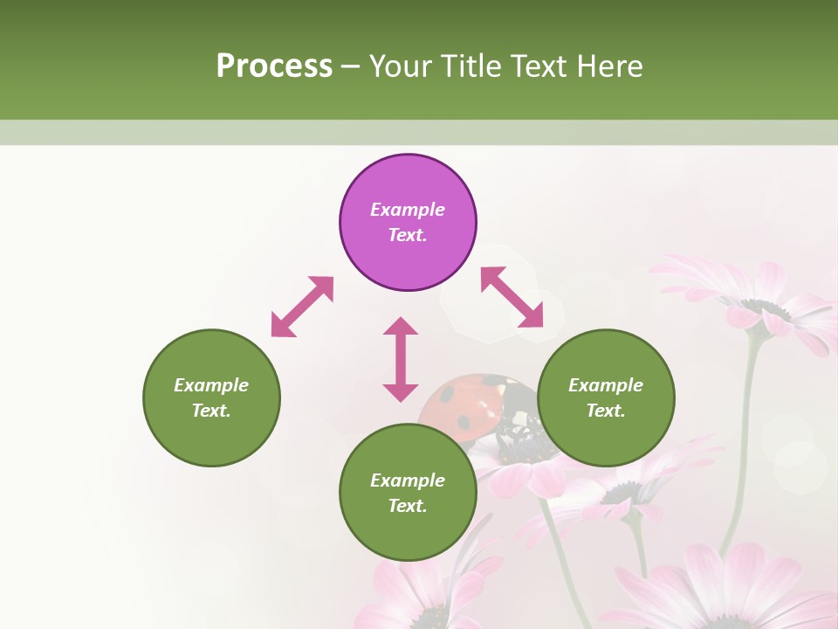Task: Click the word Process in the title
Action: [x=274, y=66]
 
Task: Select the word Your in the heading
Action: [x=399, y=66]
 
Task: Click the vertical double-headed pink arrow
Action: [x=401, y=359]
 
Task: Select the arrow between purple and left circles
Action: [x=302, y=307]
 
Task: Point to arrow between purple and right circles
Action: [x=512, y=297]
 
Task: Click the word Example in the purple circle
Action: [x=408, y=210]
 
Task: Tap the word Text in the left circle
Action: [x=211, y=411]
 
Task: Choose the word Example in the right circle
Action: [x=606, y=385]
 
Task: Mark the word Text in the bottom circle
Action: [x=408, y=506]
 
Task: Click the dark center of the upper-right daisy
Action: [x=766, y=308]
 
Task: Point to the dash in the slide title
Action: [x=351, y=66]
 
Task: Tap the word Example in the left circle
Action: [x=211, y=385]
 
